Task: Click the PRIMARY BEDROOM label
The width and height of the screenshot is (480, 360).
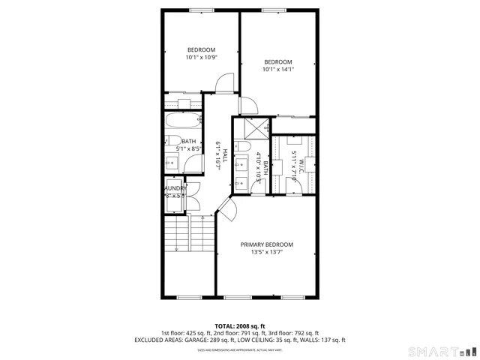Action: click(266, 244)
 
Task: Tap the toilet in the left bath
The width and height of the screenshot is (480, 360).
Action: click(171, 141)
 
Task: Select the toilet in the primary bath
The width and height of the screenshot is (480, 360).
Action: click(242, 147)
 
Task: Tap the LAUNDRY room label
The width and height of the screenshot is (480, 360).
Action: click(175, 188)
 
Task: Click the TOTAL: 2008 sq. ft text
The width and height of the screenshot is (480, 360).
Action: click(239, 325)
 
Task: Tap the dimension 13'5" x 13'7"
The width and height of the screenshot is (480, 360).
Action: click(266, 253)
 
